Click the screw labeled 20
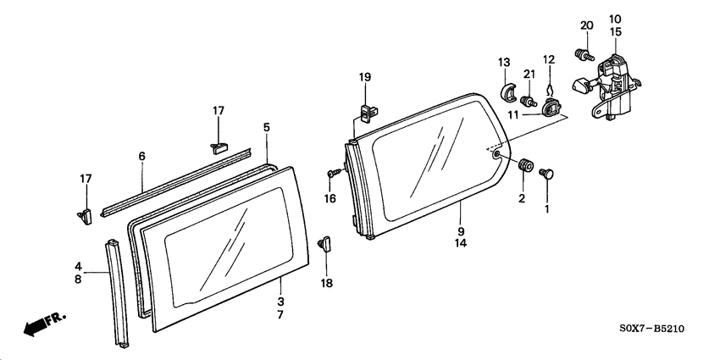pyautogui.click(x=584, y=55)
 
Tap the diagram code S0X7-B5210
pyautogui.click(x=652, y=329)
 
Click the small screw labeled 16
pyautogui.click(x=335, y=173)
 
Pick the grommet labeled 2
pyautogui.click(x=524, y=164)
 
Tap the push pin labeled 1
pyautogui.click(x=546, y=174)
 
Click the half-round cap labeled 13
pyautogui.click(x=507, y=92)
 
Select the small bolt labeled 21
pyautogui.click(x=529, y=100)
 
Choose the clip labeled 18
pyautogui.click(x=324, y=243)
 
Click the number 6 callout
pyautogui.click(x=142, y=157)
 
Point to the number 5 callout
pyautogui.click(x=267, y=127)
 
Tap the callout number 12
pyautogui.click(x=549, y=59)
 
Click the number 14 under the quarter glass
pyautogui.click(x=461, y=243)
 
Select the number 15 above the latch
pyautogui.click(x=615, y=32)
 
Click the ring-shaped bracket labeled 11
pyautogui.click(x=551, y=108)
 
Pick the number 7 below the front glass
pyautogui.click(x=280, y=315)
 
